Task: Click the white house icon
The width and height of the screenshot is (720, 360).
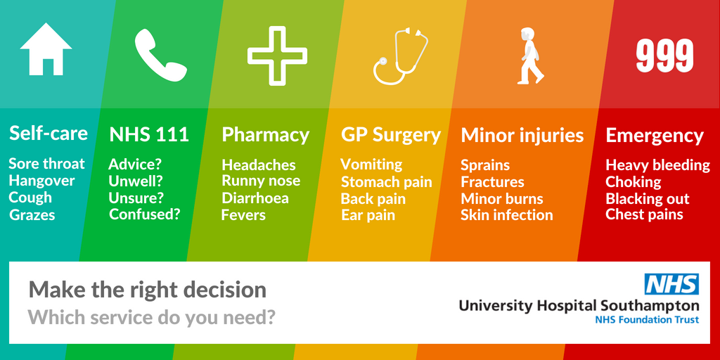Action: click(46, 50)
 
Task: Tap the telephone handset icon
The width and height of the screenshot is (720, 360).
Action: click(161, 56)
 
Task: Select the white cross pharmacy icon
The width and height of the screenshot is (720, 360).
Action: click(277, 56)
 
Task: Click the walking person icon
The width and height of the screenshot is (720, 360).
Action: click(530, 56)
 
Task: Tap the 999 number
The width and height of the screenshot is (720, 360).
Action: click(664, 56)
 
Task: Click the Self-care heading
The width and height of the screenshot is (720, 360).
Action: click(49, 133)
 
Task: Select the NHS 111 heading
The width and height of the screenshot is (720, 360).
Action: click(149, 135)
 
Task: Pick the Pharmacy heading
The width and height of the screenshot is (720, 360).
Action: click(265, 135)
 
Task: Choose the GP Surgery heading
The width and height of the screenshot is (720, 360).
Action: click(391, 135)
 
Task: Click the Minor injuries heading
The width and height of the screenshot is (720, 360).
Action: click(522, 136)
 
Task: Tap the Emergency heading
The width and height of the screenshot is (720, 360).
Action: click(655, 136)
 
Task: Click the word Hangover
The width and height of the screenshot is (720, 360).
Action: click(41, 181)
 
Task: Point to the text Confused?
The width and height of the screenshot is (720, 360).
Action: click(145, 214)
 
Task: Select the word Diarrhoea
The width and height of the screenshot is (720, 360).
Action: click(255, 198)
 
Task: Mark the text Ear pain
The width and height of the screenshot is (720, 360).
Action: click(368, 215)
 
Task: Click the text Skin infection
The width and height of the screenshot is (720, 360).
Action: click(507, 215)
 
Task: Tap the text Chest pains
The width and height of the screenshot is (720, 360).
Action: click(644, 214)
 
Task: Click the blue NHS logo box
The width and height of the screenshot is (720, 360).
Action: click(671, 284)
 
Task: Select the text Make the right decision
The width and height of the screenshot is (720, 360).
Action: click(148, 290)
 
